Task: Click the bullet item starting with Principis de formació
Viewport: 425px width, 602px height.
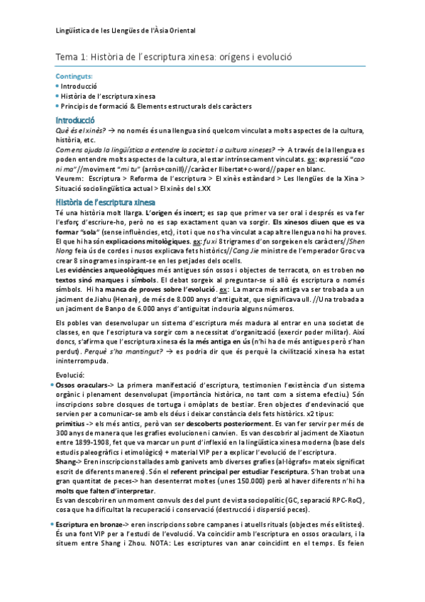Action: pos(156,106)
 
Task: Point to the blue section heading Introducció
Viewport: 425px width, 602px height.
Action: pos(79,119)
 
